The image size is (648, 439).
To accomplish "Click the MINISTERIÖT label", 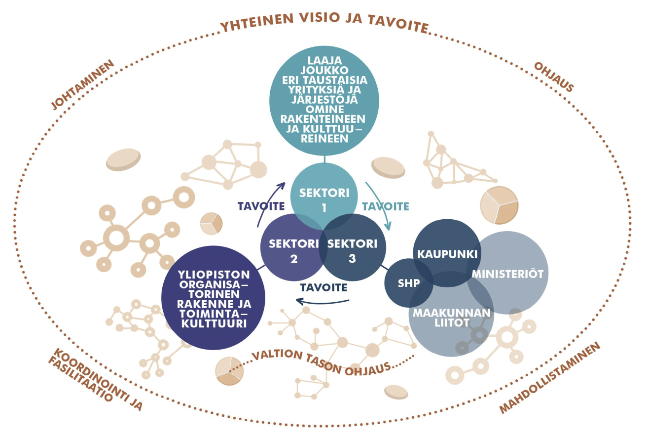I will point(507,273).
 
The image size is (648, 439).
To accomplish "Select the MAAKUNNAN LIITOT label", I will point(452,318).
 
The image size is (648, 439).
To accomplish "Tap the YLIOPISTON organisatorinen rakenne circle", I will point(214,299).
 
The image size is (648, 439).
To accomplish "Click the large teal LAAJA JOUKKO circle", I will point(324,101).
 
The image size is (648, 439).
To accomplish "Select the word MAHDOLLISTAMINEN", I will point(551,378).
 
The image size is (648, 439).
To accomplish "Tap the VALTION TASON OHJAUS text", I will point(321,362).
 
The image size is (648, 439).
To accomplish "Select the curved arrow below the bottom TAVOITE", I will point(323,301).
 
